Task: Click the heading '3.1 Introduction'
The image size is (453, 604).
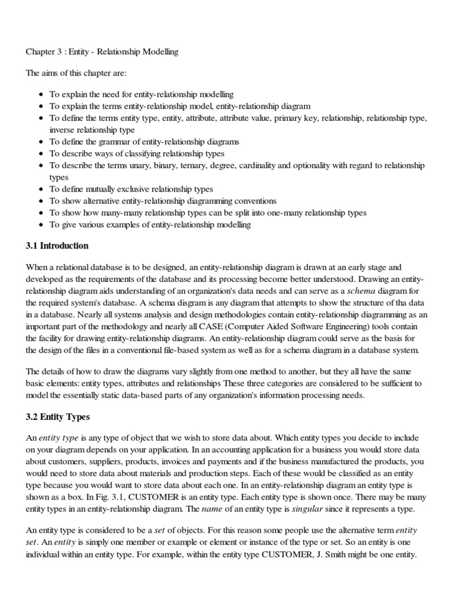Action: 57,245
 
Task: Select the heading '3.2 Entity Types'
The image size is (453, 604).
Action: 58,417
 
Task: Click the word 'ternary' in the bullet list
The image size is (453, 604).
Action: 180,166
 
